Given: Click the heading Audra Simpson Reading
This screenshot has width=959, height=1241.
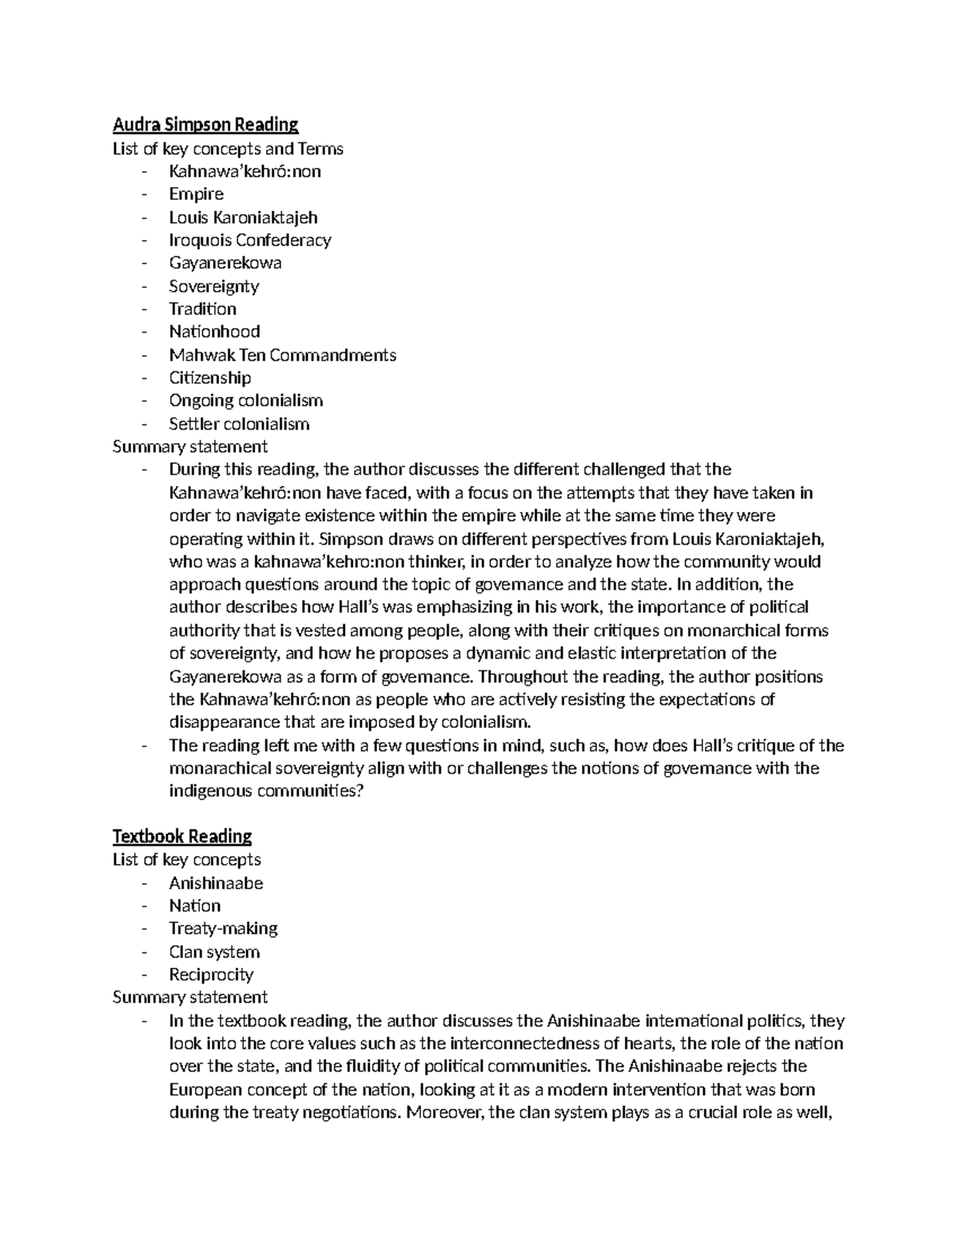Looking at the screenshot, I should [205, 125].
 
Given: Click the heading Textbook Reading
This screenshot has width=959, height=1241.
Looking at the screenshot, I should [182, 836].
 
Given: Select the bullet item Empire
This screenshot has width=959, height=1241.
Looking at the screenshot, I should [196, 194].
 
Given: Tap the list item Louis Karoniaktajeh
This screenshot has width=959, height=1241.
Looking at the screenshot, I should [243, 217].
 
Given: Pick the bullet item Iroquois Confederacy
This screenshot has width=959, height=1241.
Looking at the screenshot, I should [249, 240].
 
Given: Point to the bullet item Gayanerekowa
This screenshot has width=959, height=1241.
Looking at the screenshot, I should [225, 263].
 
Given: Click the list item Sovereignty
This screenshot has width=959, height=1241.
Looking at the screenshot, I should [213, 286].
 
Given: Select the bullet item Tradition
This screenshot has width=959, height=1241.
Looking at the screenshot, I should [202, 308].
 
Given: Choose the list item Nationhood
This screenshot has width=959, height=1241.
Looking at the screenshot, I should [214, 332].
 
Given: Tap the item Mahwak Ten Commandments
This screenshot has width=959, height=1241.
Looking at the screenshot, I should [282, 355].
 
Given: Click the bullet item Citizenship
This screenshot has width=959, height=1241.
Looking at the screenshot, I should [209, 377].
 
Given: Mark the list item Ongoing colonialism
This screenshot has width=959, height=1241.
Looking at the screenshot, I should [245, 400].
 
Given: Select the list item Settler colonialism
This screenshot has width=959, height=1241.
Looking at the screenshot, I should [238, 424].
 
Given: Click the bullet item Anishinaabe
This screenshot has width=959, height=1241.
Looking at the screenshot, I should [216, 883].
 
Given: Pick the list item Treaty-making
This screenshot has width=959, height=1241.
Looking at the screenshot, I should [223, 929].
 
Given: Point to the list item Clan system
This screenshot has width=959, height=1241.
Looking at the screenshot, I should [214, 952].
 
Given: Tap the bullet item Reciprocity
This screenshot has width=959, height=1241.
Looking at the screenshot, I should [211, 975].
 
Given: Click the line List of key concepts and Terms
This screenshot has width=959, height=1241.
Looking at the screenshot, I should [228, 149].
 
